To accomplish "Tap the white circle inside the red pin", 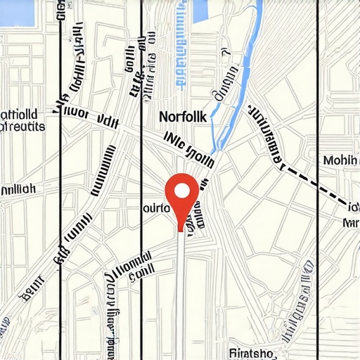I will pos(182,191).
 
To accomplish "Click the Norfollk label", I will pos(183,117).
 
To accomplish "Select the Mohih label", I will pos(341,160).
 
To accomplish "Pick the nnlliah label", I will pos(18,189).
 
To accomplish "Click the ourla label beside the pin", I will pos(157,208).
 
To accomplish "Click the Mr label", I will pos(349,223).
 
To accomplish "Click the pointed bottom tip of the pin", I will pos(182,229).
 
